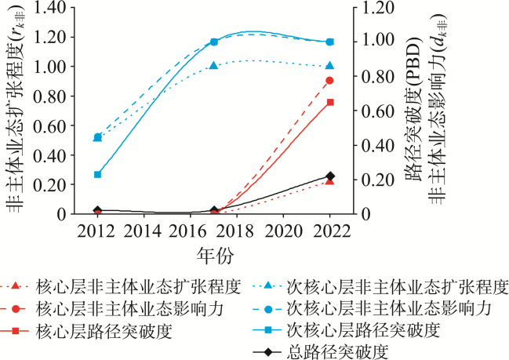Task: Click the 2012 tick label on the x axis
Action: point(97,231)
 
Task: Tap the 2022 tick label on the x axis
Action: point(330,231)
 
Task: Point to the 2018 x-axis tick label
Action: point(237,231)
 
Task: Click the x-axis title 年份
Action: point(214,255)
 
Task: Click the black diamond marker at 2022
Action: point(330,176)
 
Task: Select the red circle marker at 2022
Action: point(330,81)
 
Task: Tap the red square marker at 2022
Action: point(330,103)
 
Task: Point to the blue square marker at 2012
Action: point(98,174)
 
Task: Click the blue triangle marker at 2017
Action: point(214,67)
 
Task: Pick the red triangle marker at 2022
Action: point(330,181)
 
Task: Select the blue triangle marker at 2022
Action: point(330,66)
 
